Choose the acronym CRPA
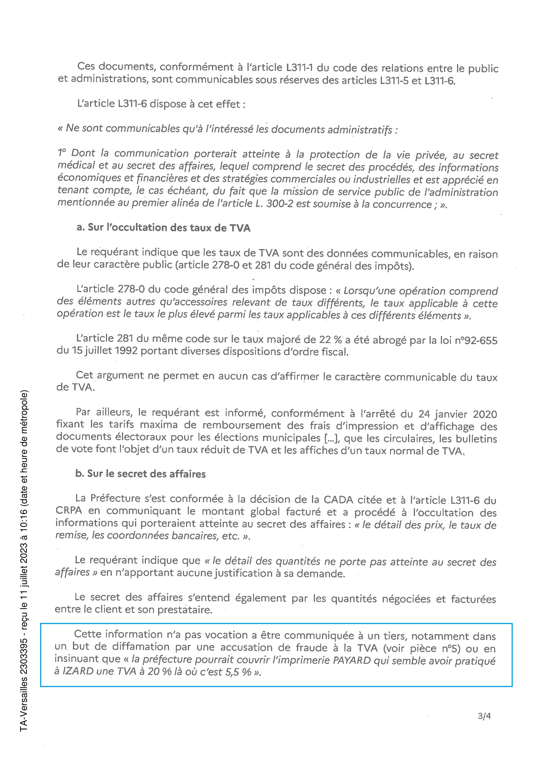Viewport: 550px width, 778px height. (69, 511)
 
